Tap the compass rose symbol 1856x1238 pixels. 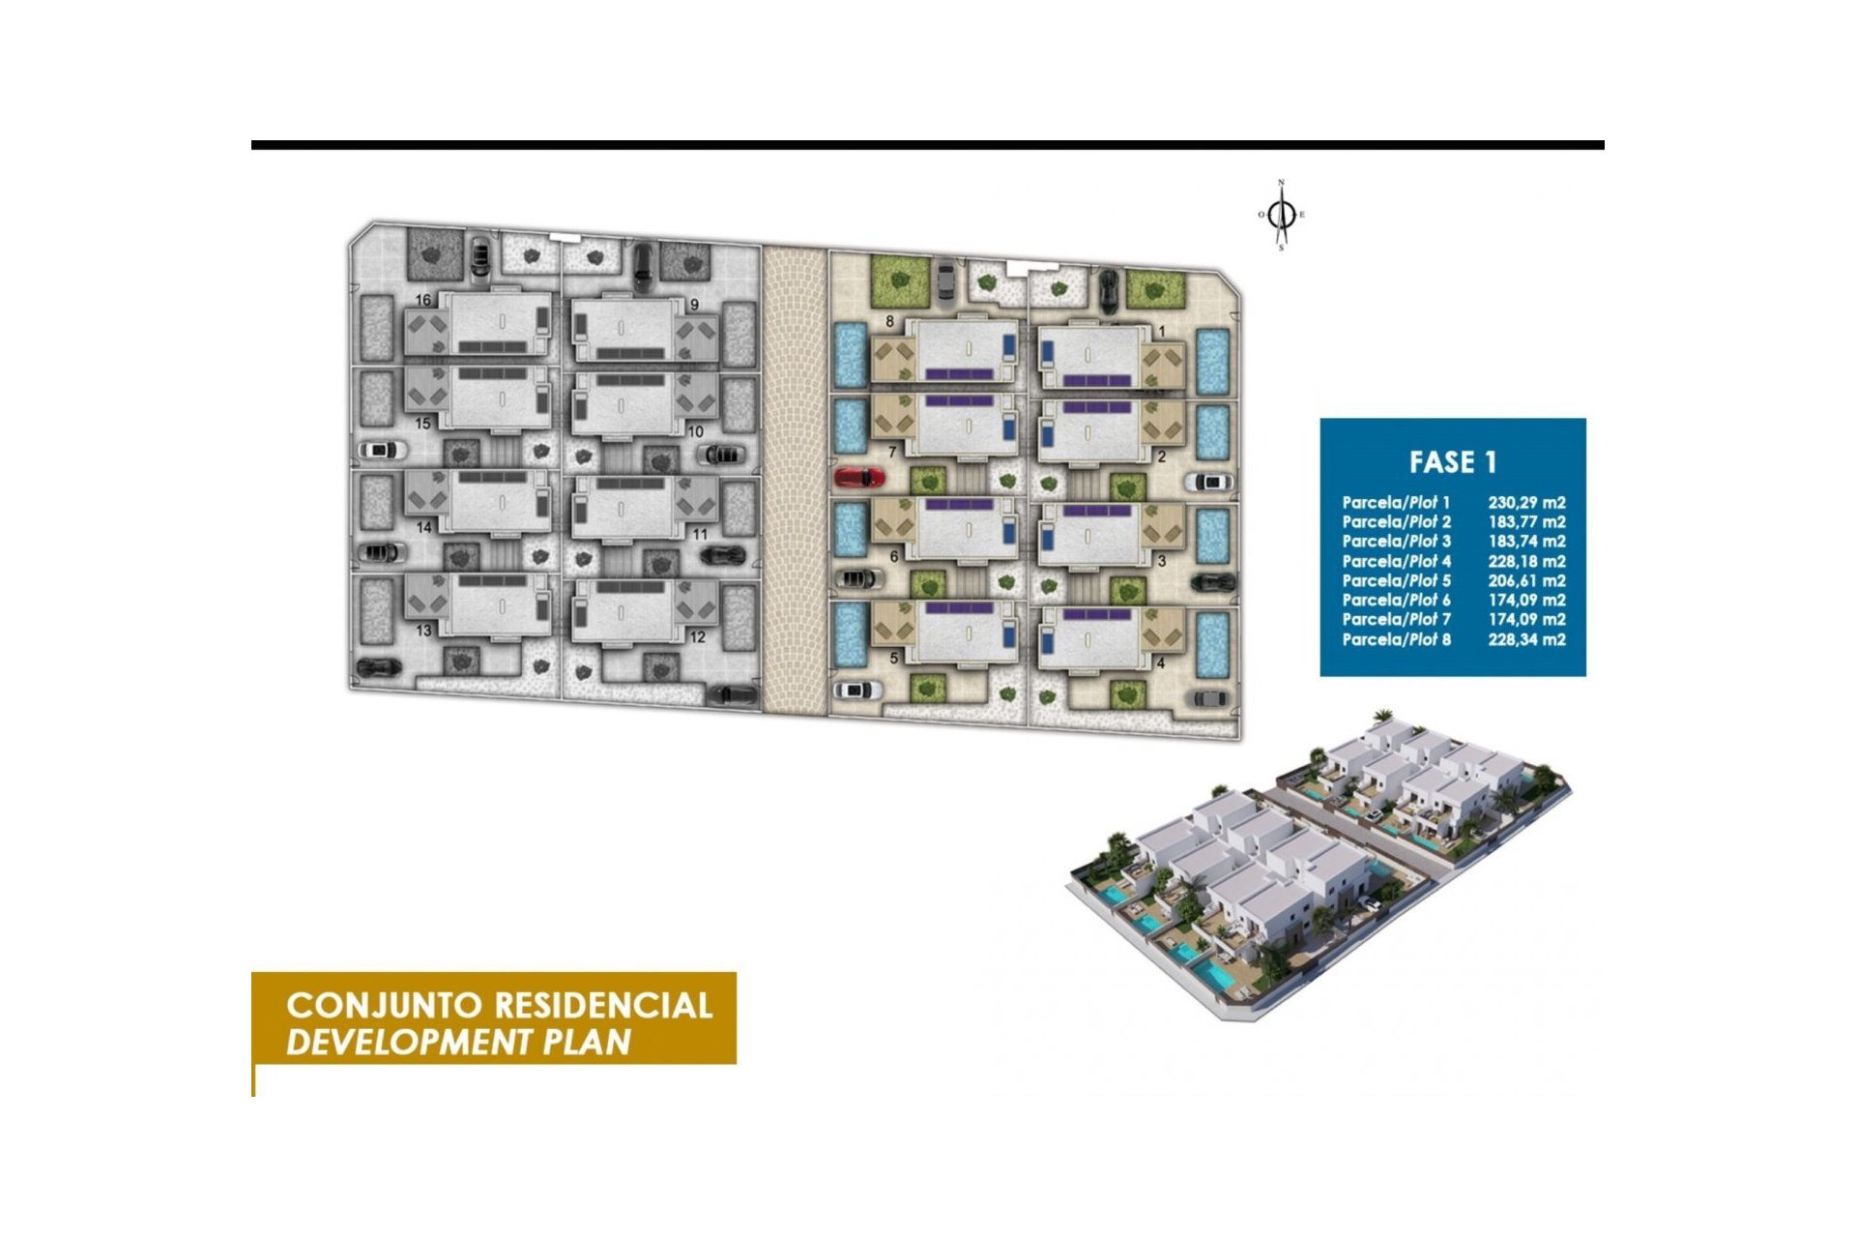point(1283,215)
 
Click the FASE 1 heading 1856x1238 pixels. point(1452,462)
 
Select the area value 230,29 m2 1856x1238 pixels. point(1526,502)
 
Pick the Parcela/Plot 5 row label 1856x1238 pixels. point(1396,580)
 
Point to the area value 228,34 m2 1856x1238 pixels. point(1526,639)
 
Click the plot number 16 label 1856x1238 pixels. point(422,300)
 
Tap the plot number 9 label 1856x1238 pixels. point(694,305)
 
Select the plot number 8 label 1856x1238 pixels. point(889,321)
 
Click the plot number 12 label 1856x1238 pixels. point(698,637)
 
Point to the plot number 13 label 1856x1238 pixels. point(423,631)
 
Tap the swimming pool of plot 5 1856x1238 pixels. point(850,634)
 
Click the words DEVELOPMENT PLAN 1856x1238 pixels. point(458,1043)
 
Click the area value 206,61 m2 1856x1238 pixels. point(1526,580)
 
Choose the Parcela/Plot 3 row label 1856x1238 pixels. point(1396,541)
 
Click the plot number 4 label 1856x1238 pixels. point(1161,663)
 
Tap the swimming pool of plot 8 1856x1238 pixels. point(850,355)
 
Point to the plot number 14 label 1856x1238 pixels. point(423,528)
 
